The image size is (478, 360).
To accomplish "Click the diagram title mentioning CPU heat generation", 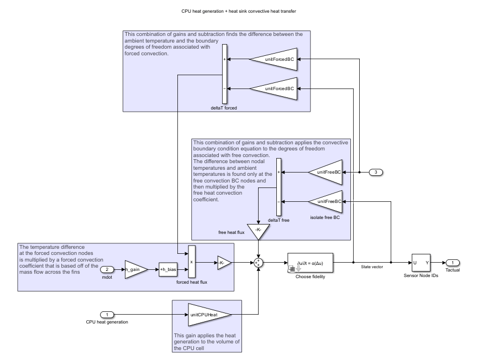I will [x=239, y=11].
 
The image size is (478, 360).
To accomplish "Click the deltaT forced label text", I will [x=224, y=108].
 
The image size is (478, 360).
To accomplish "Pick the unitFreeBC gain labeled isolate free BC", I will [x=327, y=201].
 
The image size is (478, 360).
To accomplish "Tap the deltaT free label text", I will [x=279, y=220].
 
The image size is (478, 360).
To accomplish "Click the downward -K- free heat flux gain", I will [x=258, y=232].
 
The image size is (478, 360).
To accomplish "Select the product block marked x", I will [x=192, y=262].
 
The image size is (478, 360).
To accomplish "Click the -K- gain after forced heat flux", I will [x=223, y=262].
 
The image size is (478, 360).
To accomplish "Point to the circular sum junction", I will [x=258, y=262].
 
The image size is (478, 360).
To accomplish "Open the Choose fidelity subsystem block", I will [x=310, y=262].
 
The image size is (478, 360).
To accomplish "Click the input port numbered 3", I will [x=376, y=173].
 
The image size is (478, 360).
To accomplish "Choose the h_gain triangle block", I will [x=135, y=269].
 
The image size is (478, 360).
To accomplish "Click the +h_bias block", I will [x=167, y=269].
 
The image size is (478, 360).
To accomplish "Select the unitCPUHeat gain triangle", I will [x=209, y=314].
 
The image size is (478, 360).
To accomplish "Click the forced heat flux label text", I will [x=192, y=282].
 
